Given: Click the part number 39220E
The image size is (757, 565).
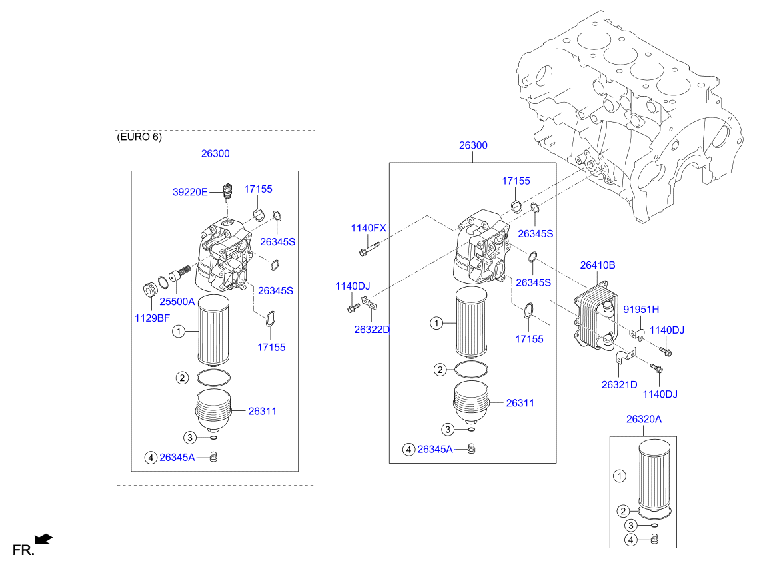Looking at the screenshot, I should [x=190, y=192].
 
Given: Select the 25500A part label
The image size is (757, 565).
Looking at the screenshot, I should [x=176, y=302].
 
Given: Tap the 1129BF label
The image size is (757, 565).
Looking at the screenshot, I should [x=153, y=318].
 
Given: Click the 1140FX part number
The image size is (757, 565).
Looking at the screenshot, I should [x=369, y=228].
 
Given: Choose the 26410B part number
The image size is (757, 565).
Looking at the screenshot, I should [x=597, y=265].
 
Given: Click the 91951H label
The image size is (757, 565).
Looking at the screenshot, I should [x=641, y=309].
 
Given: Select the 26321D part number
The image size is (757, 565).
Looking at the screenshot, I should [x=619, y=384].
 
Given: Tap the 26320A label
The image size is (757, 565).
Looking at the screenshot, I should [x=644, y=419].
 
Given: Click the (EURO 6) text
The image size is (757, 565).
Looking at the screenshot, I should [x=139, y=137].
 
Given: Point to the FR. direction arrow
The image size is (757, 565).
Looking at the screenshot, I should [x=43, y=538].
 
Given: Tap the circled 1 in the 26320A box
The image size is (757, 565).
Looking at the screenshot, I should [x=619, y=476].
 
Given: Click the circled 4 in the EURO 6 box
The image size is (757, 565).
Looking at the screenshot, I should [x=151, y=457].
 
